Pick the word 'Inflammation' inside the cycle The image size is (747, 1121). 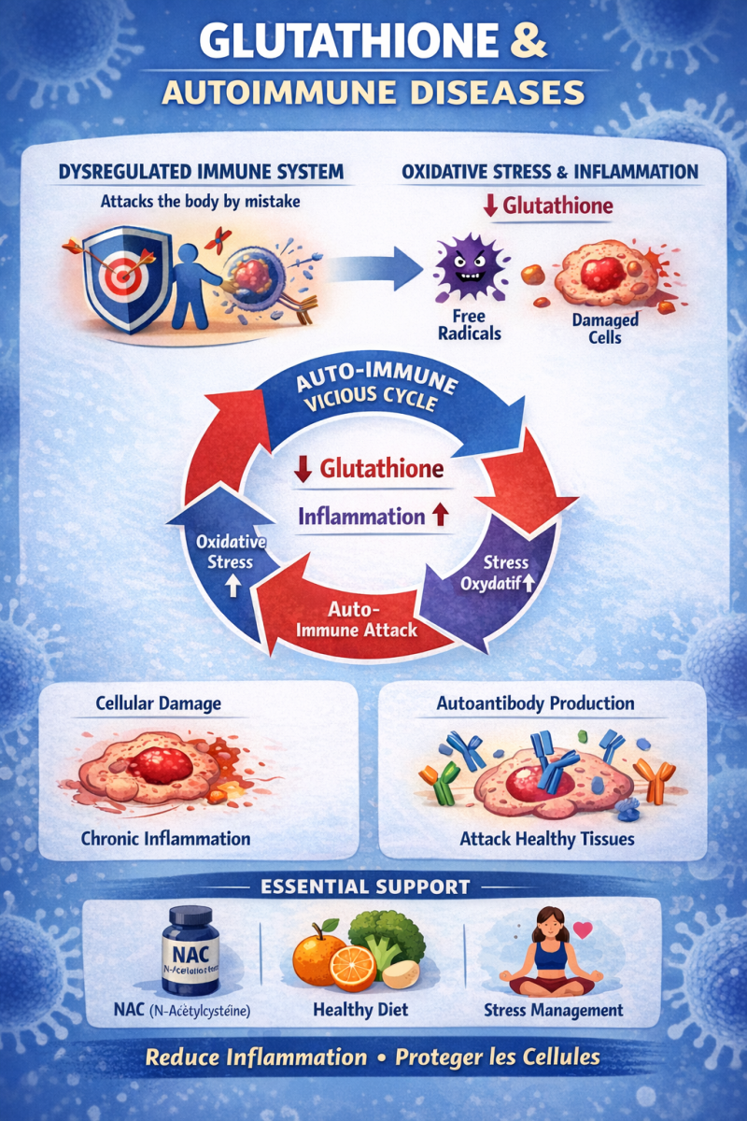pos(360,516)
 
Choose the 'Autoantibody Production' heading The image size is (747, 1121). pos(535,703)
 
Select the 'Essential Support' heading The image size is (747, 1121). pos(378,887)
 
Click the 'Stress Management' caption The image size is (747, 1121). pos(554,1010)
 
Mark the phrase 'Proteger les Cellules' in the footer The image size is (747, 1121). pos(497,1057)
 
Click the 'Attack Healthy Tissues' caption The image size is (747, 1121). pos(547,839)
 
